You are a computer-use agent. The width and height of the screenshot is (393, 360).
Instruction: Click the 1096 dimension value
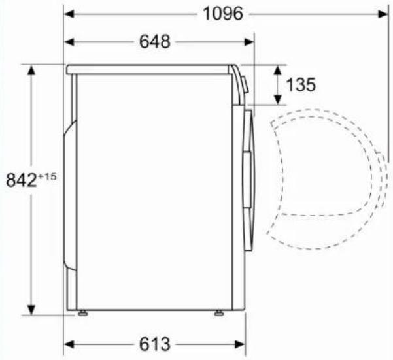tap(223, 14)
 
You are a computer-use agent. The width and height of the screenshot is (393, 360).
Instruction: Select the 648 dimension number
tap(155, 42)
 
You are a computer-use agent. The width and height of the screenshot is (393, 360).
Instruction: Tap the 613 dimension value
tap(155, 344)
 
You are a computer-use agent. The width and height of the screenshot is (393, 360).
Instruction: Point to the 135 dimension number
tap(301, 85)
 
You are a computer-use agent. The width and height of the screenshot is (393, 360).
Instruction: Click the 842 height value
tap(22, 180)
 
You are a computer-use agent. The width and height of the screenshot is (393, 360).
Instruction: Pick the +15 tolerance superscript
tap(47, 176)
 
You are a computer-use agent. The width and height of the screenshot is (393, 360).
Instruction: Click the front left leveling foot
tap(82, 313)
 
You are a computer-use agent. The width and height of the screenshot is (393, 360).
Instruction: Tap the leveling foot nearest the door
tap(219, 313)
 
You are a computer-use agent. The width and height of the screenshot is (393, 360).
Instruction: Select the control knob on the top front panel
tap(245, 85)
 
